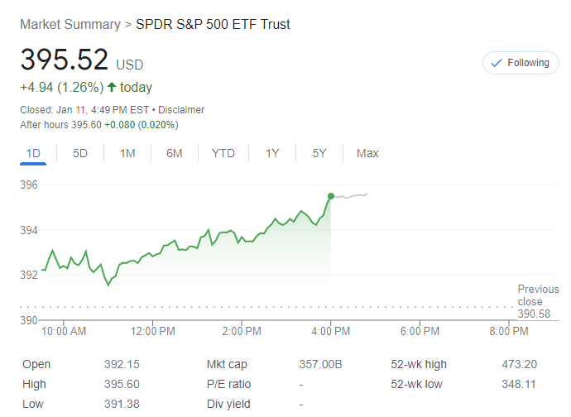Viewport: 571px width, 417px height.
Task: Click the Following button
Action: pos(521,63)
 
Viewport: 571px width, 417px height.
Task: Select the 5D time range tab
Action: pos(80,153)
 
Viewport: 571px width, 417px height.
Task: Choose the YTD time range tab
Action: pos(223,153)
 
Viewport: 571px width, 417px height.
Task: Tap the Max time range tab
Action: pos(367,153)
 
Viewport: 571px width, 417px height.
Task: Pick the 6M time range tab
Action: pos(174,153)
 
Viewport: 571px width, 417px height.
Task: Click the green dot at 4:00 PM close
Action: pos(331,196)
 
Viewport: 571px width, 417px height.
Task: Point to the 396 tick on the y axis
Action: pos(29,185)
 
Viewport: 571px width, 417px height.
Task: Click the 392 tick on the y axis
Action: pos(29,275)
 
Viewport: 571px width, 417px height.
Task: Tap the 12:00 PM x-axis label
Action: pos(152,332)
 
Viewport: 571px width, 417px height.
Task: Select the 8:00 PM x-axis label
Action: pos(508,332)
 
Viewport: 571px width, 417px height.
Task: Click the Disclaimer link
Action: pos(181,110)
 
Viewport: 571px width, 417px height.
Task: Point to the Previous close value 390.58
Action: pos(534,314)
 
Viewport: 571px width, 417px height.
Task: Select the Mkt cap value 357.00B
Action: pos(319,364)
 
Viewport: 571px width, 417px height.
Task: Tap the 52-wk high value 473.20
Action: pos(518,364)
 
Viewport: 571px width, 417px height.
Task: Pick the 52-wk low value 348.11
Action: pos(518,384)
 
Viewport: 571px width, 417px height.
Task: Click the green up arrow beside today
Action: pos(112,87)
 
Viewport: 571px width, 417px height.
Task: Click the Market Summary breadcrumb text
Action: pos(70,24)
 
